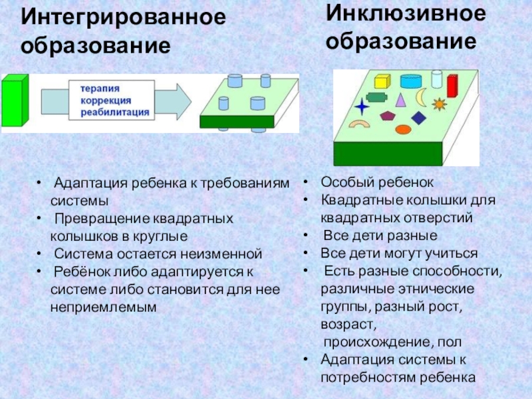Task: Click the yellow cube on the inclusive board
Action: [x=381, y=82]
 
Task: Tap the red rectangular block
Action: [x=452, y=86]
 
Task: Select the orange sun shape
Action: [x=438, y=104]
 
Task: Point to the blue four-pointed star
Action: [x=361, y=106]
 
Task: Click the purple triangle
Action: [x=400, y=100]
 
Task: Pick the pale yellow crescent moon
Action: [x=421, y=98]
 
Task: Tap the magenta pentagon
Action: [x=388, y=116]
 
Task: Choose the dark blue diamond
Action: [x=418, y=118]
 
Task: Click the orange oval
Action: [x=408, y=82]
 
